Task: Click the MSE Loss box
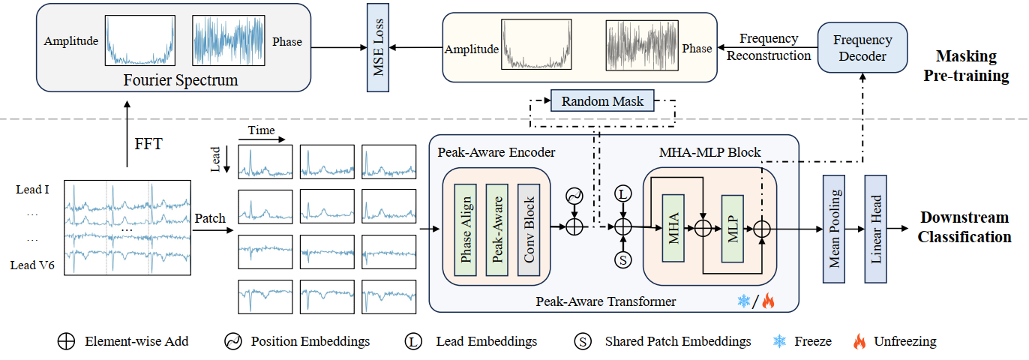click(x=378, y=46)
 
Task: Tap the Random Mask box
click(x=602, y=100)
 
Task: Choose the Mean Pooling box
click(x=834, y=229)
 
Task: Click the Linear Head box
click(x=876, y=229)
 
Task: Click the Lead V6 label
click(x=32, y=265)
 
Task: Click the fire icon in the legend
click(x=859, y=341)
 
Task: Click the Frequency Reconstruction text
click(x=769, y=47)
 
